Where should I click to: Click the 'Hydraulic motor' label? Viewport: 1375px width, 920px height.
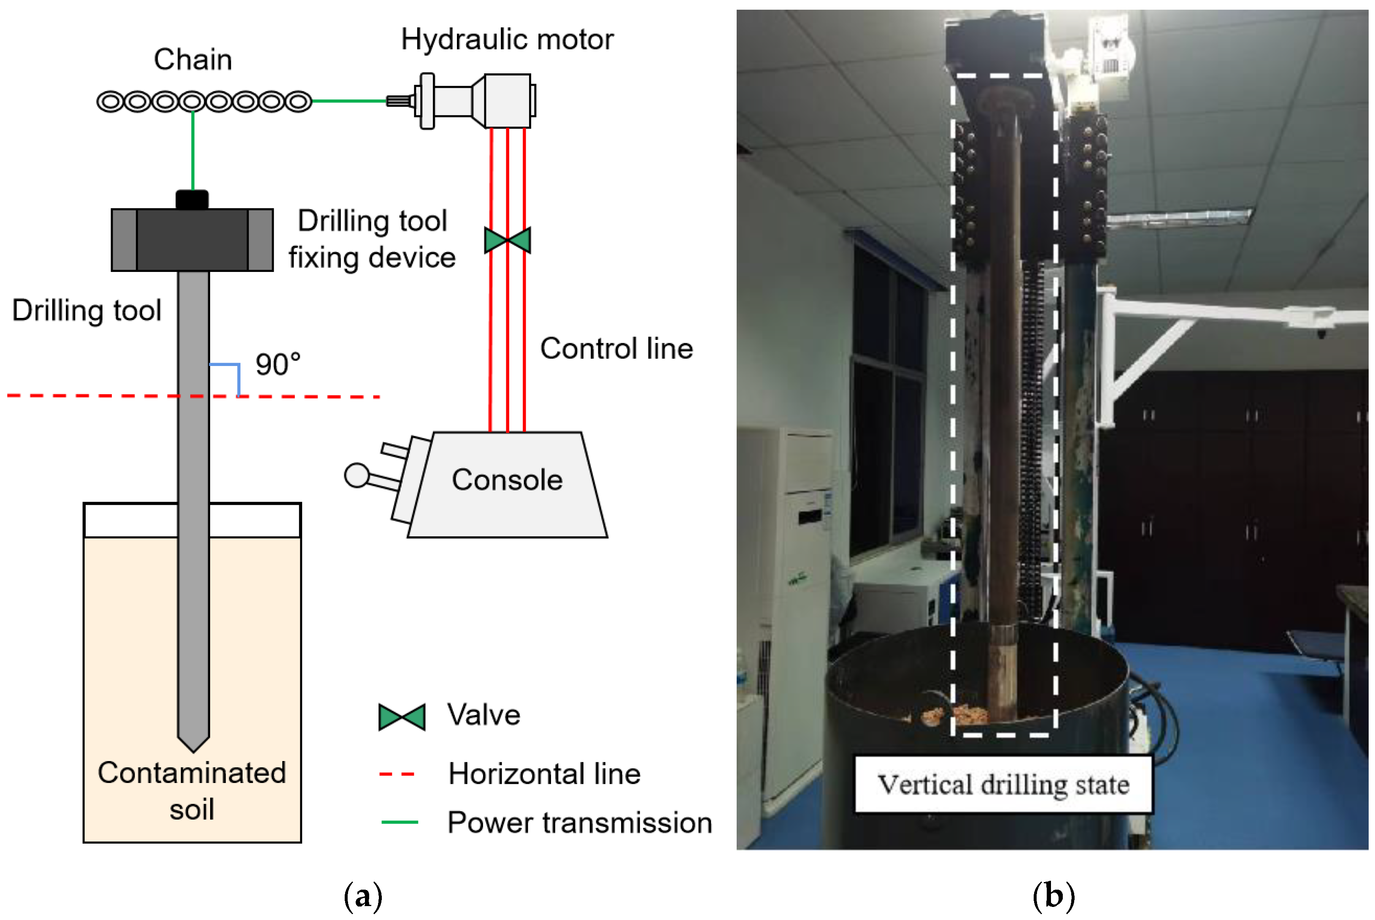tap(507, 40)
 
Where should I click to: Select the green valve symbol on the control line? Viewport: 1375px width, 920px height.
tap(507, 240)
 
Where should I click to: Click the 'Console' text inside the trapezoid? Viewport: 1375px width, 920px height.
tap(507, 479)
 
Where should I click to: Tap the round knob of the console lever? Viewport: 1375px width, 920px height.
tap(357, 475)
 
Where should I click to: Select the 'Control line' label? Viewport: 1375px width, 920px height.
tap(616, 349)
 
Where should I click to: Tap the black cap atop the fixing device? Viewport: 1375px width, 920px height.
tap(192, 199)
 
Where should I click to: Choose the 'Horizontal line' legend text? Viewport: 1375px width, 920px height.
tap(544, 774)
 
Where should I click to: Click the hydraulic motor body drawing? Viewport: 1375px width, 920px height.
tap(475, 101)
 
